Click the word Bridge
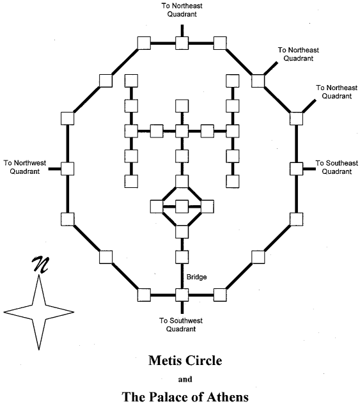point(196,277)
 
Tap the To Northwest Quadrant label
point(25,167)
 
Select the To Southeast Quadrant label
point(337,167)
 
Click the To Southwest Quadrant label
point(181,325)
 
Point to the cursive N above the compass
point(40,264)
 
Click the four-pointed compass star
point(39,313)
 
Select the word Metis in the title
point(164,361)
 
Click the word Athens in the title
point(228,397)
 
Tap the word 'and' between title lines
point(185,379)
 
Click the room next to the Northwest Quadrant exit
point(68,169)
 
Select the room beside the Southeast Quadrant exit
point(296,169)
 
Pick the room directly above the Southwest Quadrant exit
point(182,295)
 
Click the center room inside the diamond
point(182,206)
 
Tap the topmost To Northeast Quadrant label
point(182,10)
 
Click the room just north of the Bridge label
point(182,257)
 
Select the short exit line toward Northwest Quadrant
point(55,169)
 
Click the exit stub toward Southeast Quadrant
point(309,169)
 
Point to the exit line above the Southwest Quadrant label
point(182,307)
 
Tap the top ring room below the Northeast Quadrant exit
point(182,43)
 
